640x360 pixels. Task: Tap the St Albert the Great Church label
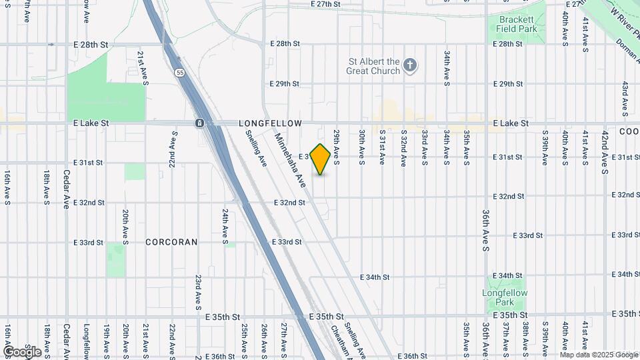tap(373, 66)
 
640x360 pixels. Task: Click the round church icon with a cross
tap(411, 65)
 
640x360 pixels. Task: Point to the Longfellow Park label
tap(505, 297)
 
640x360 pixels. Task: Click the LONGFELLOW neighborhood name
tap(271, 123)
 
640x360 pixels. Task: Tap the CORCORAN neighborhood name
tap(171, 242)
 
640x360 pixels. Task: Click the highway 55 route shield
tap(180, 72)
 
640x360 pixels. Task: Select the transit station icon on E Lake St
tap(199, 123)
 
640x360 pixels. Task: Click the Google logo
tap(21, 351)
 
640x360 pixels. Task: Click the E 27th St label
tap(326, 4)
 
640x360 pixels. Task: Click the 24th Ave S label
tap(225, 224)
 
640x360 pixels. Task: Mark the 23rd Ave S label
tap(198, 292)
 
